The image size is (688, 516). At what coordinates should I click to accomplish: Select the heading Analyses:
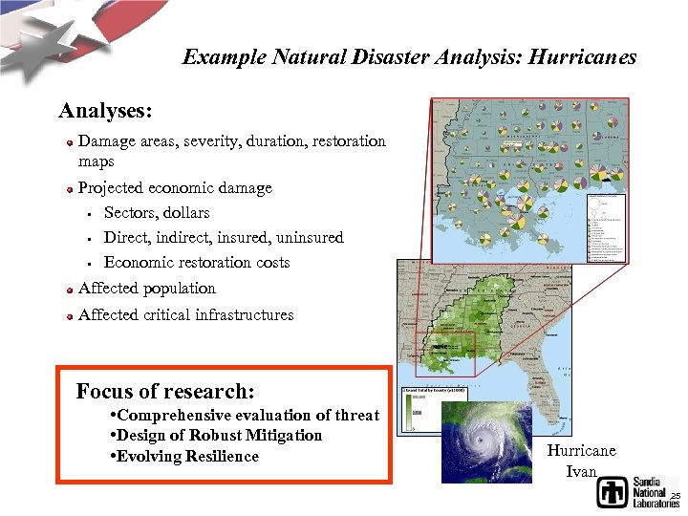(x=105, y=111)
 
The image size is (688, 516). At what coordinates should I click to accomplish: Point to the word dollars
(x=185, y=212)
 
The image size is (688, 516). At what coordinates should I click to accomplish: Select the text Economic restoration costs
(x=196, y=262)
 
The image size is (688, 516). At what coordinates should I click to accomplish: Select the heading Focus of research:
(x=164, y=391)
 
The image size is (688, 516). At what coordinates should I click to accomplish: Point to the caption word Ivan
(x=582, y=471)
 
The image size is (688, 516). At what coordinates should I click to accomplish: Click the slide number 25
(x=675, y=496)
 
